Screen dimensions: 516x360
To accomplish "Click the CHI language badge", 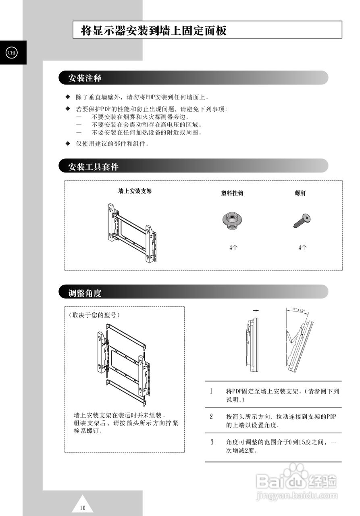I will pyautogui.click(x=11, y=53).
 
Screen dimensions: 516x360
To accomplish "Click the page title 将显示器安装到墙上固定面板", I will pyautogui.click(x=154, y=31).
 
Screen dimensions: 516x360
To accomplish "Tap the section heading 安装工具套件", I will pyautogui.click(x=93, y=166).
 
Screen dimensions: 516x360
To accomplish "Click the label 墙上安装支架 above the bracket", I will pyautogui.click(x=135, y=191).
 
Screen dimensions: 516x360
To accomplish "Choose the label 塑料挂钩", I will pyautogui.click(x=232, y=193).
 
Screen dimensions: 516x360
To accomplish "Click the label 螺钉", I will pyautogui.click(x=300, y=193).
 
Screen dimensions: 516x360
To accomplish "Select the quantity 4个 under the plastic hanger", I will pyautogui.click(x=233, y=248).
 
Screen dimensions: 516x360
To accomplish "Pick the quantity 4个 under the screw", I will pyautogui.click(x=302, y=248).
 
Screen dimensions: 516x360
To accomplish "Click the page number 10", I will pyautogui.click(x=83, y=508).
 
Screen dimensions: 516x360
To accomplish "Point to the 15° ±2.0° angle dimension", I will pyautogui.click(x=298, y=310).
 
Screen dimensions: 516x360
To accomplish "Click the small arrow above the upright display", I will pyautogui.click(x=254, y=311).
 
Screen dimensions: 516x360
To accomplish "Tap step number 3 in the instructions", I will pyautogui.click(x=211, y=442).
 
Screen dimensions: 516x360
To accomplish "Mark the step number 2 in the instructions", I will pyautogui.click(x=211, y=416).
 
